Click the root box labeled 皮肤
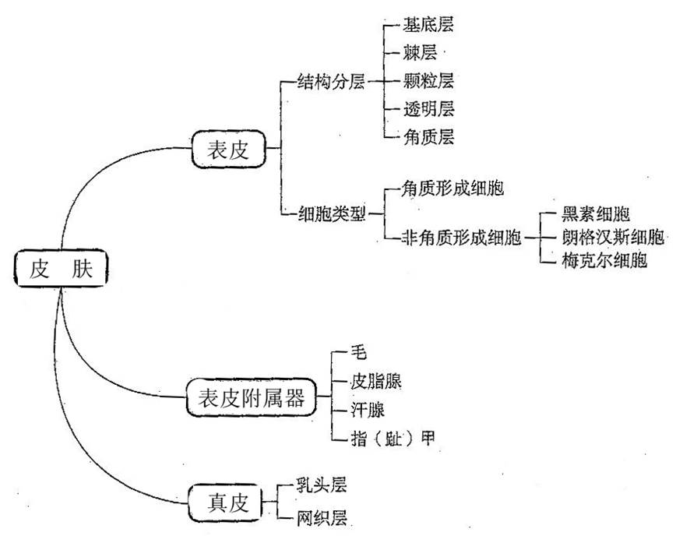click(x=61, y=270)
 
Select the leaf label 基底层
click(x=428, y=25)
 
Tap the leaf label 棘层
click(x=419, y=53)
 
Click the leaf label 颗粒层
click(x=428, y=80)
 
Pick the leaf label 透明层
click(x=428, y=108)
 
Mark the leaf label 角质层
click(x=428, y=136)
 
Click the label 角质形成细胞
click(x=451, y=189)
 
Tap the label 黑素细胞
click(x=596, y=214)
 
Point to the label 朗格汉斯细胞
click(x=613, y=237)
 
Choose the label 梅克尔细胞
click(x=604, y=259)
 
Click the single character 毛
click(x=360, y=353)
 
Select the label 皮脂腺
click(x=377, y=381)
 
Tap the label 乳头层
click(x=320, y=485)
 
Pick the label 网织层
click(x=320, y=517)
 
